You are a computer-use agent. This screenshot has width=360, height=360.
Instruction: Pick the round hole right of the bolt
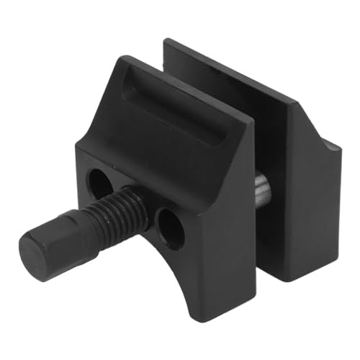(170, 229)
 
